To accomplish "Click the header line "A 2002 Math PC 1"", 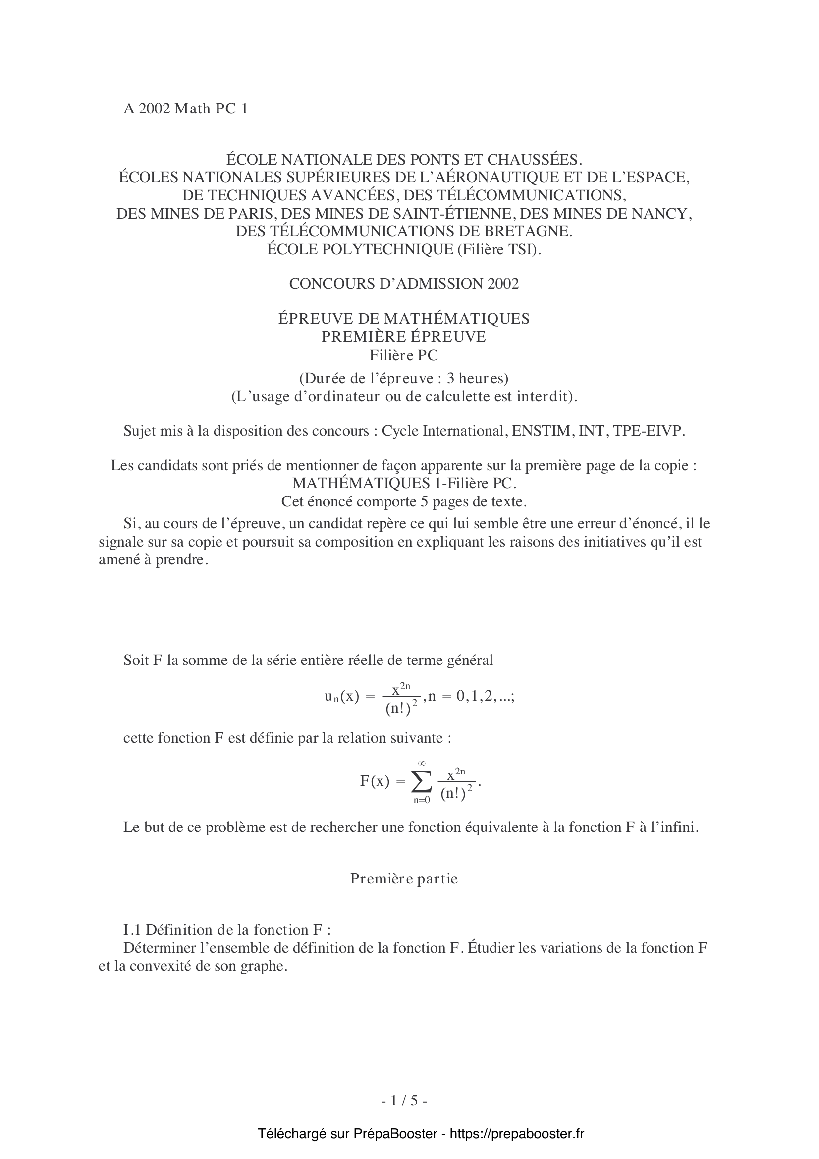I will (x=186, y=109).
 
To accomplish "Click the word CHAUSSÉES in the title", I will (x=534, y=160).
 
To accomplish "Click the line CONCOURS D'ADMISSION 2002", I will (x=404, y=284).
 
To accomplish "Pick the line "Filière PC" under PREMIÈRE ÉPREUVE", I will (x=404, y=355).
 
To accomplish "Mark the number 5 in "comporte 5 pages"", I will (x=425, y=502).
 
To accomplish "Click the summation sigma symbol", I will (x=421, y=782).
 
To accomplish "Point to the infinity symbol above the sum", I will (x=421, y=763).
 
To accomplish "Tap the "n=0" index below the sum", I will (x=421, y=801).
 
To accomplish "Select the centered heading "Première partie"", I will (x=404, y=879).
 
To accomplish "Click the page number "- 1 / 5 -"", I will (x=404, y=1101).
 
